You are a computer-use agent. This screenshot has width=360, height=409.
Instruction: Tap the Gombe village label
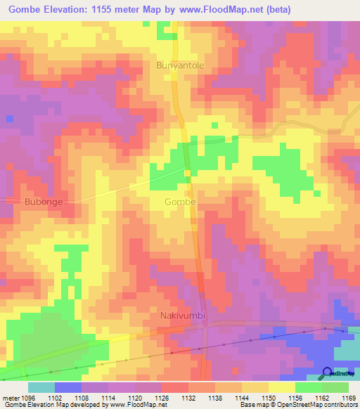click(x=180, y=202)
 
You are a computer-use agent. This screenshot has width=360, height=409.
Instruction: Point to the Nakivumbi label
click(x=183, y=316)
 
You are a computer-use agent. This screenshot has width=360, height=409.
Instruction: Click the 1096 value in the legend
click(x=25, y=397)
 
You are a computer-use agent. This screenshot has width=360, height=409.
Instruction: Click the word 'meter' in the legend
click(x=9, y=397)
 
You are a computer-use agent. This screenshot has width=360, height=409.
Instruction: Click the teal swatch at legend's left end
click(x=41, y=387)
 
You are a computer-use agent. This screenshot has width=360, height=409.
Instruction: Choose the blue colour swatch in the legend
click(x=67, y=387)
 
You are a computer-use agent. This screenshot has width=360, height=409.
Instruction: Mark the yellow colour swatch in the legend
click(x=281, y=387)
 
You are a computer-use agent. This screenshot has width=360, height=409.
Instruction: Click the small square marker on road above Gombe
click(x=188, y=173)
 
